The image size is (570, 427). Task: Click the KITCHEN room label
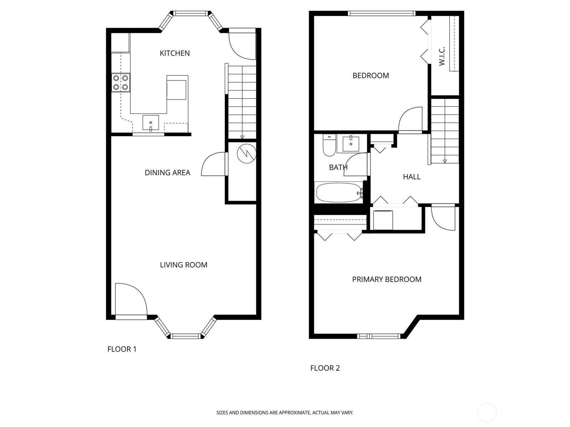point(175,53)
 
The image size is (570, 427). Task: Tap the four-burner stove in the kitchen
point(121,83)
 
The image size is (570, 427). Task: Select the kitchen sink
point(151,122)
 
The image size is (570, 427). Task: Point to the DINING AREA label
point(167,173)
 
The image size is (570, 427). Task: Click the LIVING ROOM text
point(183,265)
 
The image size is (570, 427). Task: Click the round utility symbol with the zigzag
point(247,153)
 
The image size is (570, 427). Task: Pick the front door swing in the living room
point(131,299)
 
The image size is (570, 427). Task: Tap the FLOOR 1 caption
point(122,349)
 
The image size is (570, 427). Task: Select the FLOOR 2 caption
point(325,368)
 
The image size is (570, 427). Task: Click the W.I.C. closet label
point(442,56)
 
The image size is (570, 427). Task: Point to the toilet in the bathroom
point(329,145)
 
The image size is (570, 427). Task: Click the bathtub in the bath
point(339,193)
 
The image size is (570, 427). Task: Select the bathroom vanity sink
point(351,143)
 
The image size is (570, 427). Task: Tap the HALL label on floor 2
point(411,177)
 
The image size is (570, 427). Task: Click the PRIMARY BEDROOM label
point(387,279)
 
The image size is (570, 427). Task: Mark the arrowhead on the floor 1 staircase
point(242,137)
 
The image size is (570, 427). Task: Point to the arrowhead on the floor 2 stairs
point(445,161)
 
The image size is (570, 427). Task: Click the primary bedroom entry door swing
point(443,218)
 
